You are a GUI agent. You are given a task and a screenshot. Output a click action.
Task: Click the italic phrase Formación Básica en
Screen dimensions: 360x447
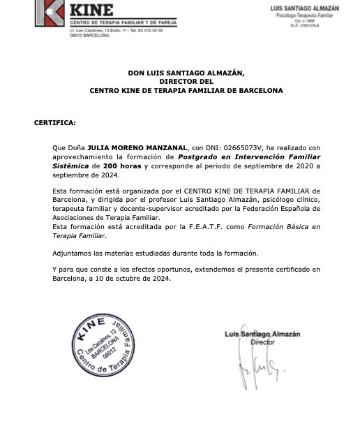287,228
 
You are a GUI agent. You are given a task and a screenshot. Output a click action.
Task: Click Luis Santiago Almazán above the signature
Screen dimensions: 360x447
262,335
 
